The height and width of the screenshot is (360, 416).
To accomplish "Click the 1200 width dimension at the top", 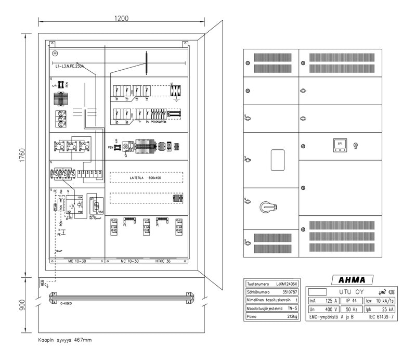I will click(x=122, y=18).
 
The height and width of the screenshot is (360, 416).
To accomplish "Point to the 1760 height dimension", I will click(x=21, y=155).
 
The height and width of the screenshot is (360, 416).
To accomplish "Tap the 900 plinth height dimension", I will click(x=21, y=305).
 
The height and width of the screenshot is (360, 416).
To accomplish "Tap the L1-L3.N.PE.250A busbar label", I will click(x=69, y=66).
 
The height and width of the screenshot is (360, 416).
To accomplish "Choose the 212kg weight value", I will click(x=291, y=316).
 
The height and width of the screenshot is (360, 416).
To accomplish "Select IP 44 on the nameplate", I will click(x=352, y=301).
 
